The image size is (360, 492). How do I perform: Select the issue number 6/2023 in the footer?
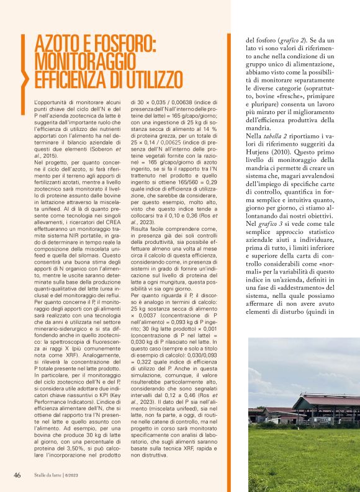point(82,475)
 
